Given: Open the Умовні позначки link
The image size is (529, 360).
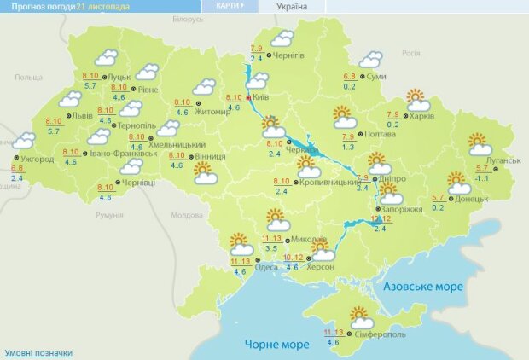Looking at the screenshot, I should [x=38, y=352].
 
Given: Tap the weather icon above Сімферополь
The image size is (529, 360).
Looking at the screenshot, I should [x=362, y=317].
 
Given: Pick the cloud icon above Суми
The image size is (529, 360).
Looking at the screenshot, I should [x=371, y=59].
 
